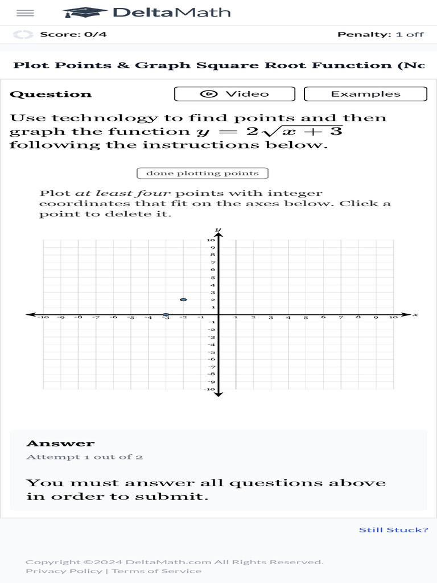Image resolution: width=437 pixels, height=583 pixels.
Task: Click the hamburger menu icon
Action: point(26,13)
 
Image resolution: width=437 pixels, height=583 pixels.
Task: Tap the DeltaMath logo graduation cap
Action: point(85,13)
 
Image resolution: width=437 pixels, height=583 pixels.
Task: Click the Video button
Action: point(234,94)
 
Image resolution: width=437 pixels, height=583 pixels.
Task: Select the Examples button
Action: point(365,94)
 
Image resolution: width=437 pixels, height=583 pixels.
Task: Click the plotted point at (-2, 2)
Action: point(183,299)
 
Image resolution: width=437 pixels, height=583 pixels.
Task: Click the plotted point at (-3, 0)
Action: point(166,314)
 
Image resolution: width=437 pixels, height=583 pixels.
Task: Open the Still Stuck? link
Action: point(393,530)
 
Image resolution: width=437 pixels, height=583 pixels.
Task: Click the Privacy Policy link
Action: point(64,571)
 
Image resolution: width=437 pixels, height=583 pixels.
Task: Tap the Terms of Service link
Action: point(156,571)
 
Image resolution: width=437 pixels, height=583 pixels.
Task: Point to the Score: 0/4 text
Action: point(73,34)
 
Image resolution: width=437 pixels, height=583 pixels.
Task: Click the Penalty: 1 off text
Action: point(380,34)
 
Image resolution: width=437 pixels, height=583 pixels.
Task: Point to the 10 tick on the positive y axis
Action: point(211,240)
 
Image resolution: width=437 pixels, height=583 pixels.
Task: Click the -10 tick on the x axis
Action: point(43,318)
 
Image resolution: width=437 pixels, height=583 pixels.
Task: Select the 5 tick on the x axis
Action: point(306,318)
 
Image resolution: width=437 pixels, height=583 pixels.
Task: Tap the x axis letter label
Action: point(416,314)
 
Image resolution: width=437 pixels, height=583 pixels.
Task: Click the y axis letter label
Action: point(218,229)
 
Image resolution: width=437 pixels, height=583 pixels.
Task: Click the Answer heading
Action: point(60,444)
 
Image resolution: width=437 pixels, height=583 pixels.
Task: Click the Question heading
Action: point(51,95)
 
